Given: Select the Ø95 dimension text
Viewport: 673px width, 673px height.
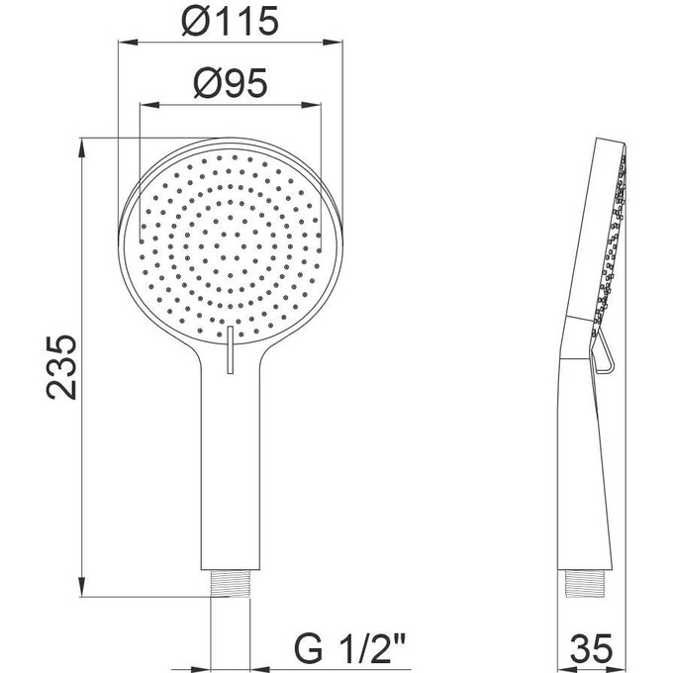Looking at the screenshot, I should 232,85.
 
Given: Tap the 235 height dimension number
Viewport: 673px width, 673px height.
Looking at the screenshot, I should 61,368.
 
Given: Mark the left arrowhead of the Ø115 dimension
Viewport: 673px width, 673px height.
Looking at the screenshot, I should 126,43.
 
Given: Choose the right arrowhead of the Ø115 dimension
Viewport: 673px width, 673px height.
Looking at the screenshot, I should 336,43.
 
